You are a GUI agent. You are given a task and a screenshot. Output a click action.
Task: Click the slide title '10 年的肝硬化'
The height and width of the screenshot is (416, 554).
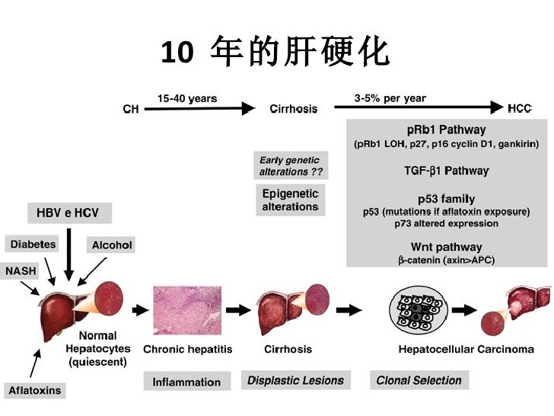point(275,52)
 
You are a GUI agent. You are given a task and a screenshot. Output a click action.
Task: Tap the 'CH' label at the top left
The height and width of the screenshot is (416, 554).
point(131,110)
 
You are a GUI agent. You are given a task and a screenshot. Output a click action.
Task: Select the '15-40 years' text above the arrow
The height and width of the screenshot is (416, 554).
point(187,98)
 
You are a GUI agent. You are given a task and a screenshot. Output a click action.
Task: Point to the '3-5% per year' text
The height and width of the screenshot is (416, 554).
point(390,98)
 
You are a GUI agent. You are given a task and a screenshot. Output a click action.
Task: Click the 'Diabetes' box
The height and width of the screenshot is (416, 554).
point(33,245)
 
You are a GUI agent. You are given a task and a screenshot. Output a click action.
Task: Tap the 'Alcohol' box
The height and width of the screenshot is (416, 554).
point(112,245)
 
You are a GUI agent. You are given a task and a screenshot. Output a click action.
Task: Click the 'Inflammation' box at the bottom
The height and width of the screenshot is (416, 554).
point(186,382)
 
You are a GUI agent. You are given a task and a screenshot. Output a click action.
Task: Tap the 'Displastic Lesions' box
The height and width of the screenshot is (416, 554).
point(295,380)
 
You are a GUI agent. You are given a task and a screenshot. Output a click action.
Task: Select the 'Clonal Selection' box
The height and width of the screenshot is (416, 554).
point(419,380)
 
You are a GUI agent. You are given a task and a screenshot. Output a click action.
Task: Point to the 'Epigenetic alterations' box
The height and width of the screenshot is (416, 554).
point(290,200)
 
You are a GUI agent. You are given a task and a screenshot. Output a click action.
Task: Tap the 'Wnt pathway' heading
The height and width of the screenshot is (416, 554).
point(446,247)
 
